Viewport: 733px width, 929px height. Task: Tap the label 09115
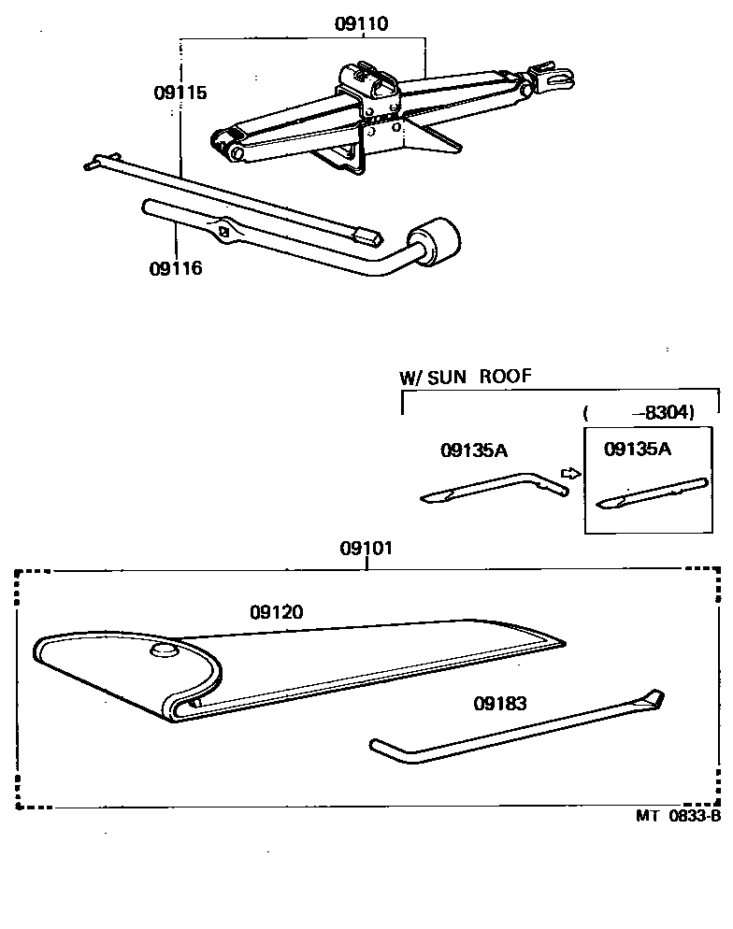point(180,93)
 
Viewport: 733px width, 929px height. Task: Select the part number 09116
point(175,269)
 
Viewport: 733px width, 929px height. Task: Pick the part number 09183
point(499,703)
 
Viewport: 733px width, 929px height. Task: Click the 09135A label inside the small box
point(638,449)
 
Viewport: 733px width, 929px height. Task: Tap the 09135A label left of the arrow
point(473,450)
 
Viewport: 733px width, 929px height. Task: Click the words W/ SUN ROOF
point(466,378)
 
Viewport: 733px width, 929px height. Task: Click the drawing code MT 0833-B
point(679,814)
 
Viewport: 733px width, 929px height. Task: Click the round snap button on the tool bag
point(165,650)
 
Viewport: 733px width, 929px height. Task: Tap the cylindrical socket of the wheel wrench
point(438,243)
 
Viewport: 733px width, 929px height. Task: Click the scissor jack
point(374,117)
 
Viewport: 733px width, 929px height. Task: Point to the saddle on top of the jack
point(370,76)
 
